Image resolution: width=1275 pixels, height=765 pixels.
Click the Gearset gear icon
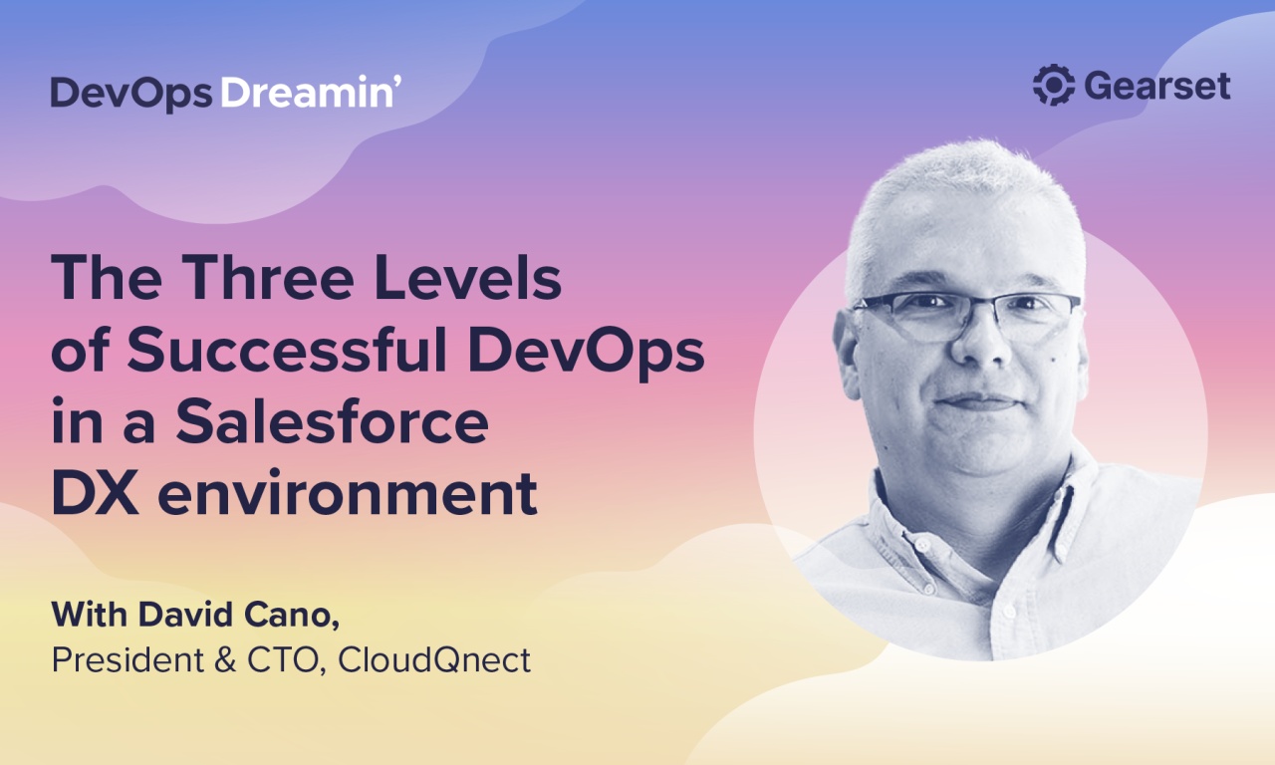tap(1054, 86)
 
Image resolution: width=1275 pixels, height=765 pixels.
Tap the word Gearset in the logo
tap(1157, 87)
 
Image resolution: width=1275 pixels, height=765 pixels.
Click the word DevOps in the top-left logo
tap(131, 93)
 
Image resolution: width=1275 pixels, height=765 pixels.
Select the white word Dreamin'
tap(311, 93)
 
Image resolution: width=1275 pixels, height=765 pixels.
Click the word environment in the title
tap(348, 495)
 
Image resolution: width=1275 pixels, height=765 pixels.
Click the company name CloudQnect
tap(434, 659)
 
